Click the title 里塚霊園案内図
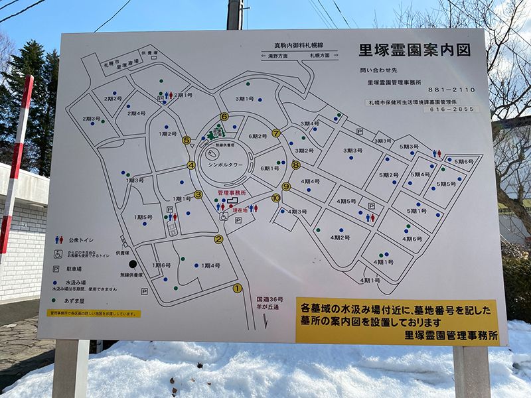coord(414,50)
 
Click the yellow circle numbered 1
coord(237,288)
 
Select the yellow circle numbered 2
coord(218,239)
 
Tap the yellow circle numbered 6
coord(224,117)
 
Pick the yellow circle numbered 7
coord(276,133)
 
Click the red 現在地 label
coord(239,210)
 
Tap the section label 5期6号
coord(463,161)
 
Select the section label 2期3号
coord(92,119)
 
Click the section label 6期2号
coord(258,137)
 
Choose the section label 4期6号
coord(412,238)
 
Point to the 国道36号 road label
coord(270,299)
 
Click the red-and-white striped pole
coord(15,166)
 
